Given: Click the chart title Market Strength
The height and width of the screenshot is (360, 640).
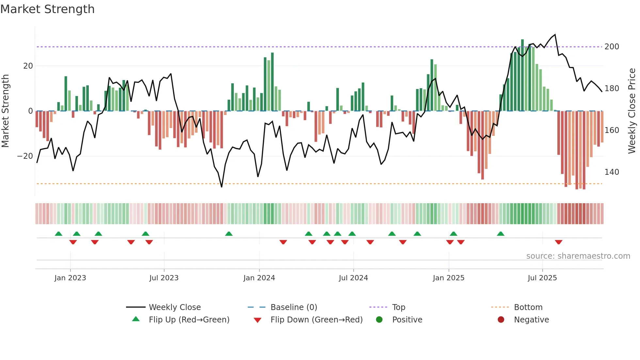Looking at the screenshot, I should [x=47, y=9].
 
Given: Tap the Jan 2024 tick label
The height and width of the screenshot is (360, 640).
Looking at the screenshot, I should [x=259, y=278].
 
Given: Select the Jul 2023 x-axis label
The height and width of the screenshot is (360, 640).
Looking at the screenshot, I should [x=164, y=278].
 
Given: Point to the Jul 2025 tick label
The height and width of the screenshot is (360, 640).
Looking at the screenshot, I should [x=542, y=278].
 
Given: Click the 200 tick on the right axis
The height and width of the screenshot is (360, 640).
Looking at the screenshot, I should [x=612, y=47].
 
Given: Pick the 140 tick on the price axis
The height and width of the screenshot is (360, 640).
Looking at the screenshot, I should [x=612, y=172].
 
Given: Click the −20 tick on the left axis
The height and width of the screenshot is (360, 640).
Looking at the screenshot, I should [x=25, y=156].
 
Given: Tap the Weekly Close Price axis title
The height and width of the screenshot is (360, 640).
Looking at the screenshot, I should [x=632, y=111].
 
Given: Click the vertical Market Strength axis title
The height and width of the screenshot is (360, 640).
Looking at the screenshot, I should [x=6, y=111].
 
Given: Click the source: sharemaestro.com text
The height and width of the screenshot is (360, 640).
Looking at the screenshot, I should [x=578, y=256].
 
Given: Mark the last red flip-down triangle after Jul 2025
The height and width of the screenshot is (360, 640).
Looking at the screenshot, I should [x=558, y=242].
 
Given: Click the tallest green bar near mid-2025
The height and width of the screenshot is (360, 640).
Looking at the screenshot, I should [x=522, y=75].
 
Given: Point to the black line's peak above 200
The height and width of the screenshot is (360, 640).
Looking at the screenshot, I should [x=555, y=35].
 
